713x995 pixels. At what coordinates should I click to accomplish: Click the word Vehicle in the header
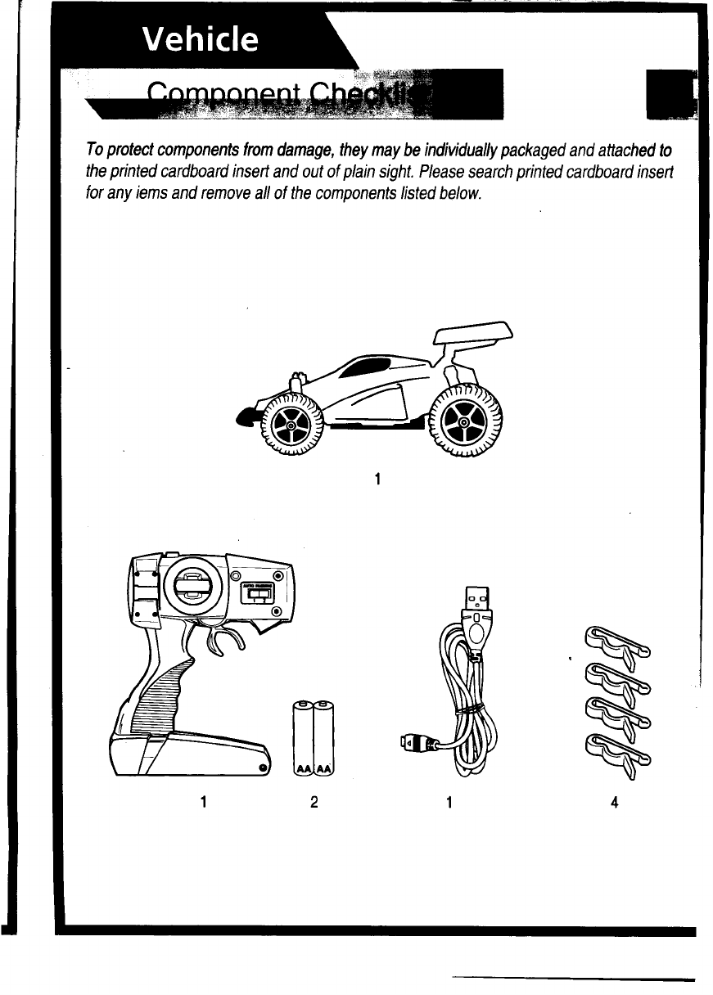[201, 39]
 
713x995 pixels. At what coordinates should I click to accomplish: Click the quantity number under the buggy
[376, 479]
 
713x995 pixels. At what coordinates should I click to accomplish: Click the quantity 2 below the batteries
[314, 803]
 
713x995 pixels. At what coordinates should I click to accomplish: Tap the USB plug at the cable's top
[475, 601]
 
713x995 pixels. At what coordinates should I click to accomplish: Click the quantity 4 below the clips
[613, 803]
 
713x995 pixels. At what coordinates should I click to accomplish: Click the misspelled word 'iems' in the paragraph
[136, 195]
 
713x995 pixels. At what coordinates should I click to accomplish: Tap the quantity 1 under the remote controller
[201, 803]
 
